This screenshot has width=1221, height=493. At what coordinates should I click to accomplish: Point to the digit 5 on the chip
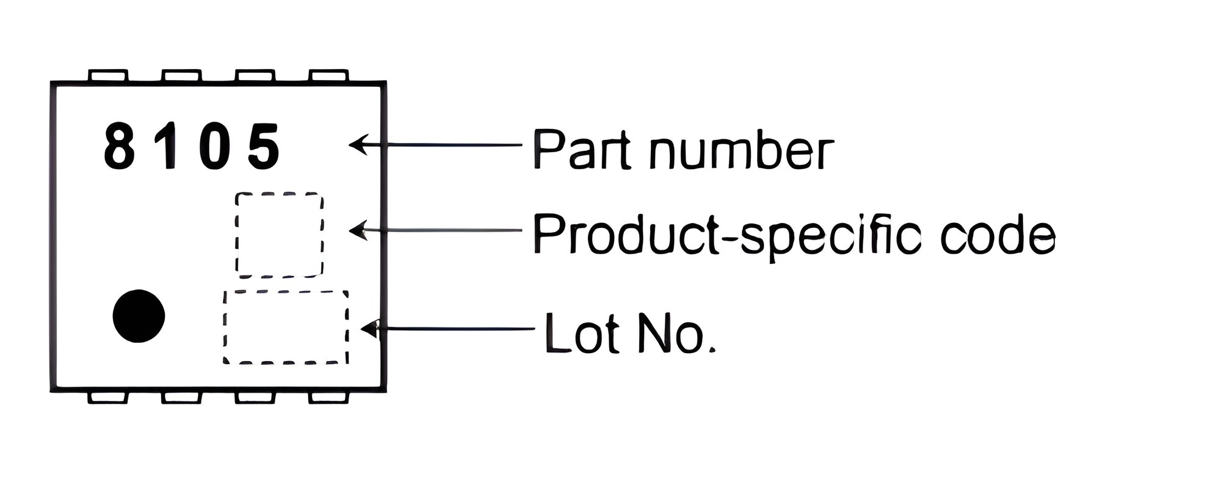click(264, 147)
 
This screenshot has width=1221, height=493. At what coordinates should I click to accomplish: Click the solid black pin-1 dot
click(139, 316)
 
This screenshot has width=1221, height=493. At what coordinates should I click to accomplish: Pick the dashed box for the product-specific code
click(236, 235)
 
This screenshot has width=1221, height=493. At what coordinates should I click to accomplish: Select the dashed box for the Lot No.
click(225, 327)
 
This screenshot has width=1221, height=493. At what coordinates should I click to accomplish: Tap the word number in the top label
click(741, 149)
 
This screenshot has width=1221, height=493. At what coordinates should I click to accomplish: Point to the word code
click(998, 235)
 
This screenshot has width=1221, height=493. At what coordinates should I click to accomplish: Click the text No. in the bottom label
click(674, 332)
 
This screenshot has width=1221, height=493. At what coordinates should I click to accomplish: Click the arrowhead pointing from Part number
click(358, 144)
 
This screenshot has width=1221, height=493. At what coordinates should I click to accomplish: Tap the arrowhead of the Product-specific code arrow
click(358, 230)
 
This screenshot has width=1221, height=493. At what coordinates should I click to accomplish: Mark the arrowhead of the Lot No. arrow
click(370, 329)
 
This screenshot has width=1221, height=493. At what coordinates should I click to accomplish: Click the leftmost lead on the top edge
click(108, 76)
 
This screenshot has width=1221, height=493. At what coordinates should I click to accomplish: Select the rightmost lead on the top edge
click(329, 76)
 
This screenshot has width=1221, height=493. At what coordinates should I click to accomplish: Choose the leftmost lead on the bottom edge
click(108, 397)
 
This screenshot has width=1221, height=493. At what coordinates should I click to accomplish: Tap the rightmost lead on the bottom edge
click(329, 397)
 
